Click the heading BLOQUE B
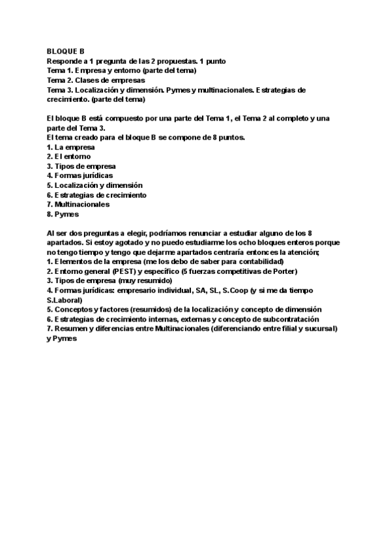(66, 50)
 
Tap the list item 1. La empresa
(66, 147)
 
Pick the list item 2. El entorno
(68, 157)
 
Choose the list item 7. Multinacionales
(78, 204)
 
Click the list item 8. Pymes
(63, 213)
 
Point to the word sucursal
(321, 329)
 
